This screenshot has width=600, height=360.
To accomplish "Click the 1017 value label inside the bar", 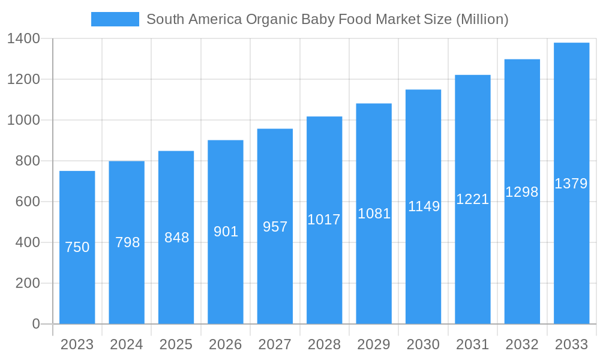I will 324,220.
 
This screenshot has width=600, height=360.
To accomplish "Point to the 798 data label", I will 127,242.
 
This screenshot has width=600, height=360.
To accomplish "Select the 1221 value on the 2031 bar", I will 473,199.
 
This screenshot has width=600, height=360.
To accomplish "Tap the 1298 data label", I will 522,192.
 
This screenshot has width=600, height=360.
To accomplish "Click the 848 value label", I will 176,238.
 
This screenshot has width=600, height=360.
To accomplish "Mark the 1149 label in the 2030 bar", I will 424,206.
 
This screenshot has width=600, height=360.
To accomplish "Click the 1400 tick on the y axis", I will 23,39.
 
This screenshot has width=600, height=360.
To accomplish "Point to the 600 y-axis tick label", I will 28,202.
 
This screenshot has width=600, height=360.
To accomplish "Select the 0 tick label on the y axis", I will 35,324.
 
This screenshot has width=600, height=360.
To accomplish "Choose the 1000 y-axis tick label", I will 23,120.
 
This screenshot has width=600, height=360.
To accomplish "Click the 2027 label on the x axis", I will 275,344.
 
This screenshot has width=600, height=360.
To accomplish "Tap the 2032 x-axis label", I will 522,344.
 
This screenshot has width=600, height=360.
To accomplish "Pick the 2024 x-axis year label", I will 127,344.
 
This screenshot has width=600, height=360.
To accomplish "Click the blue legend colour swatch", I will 115,19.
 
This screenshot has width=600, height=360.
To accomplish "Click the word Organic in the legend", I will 266,19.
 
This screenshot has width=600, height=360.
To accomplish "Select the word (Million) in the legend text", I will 482,19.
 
